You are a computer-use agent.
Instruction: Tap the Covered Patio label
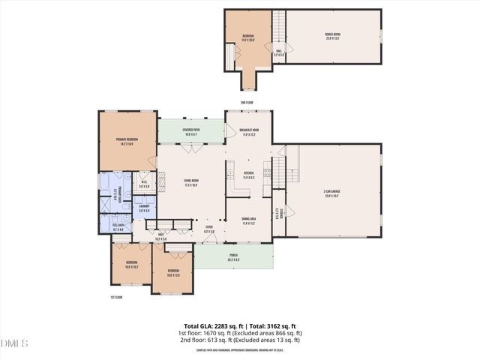tap(190, 131)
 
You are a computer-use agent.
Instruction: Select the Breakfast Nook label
tap(249, 131)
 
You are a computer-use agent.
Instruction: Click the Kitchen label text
tap(249, 176)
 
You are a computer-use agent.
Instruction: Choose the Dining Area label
tap(249, 220)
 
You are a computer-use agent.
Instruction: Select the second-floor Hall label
tap(278, 52)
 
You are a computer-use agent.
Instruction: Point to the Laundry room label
tap(145, 208)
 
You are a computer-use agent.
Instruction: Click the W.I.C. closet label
tap(144, 183)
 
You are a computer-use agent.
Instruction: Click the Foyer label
tap(209, 229)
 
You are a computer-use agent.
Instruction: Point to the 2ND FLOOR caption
tap(247, 102)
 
